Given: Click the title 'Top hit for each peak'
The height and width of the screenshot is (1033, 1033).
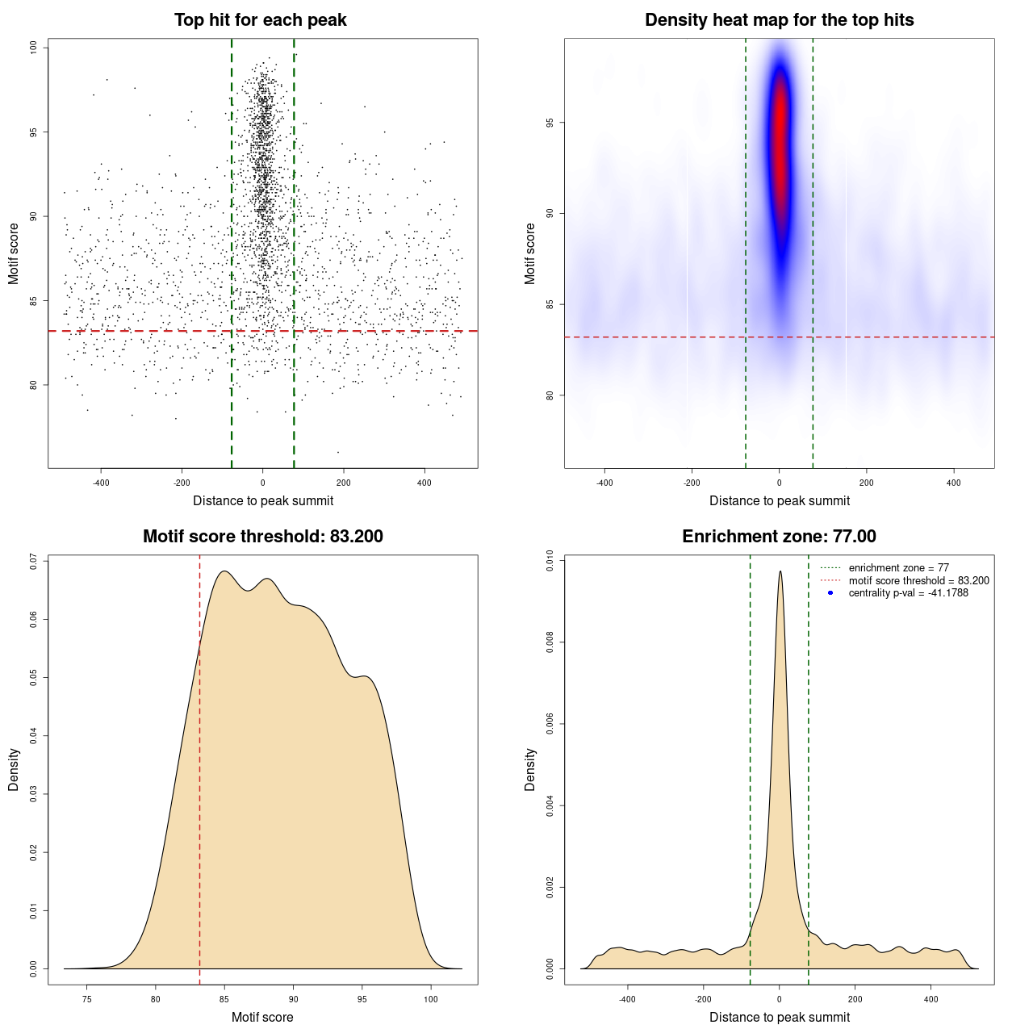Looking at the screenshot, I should pyautogui.click(x=260, y=20).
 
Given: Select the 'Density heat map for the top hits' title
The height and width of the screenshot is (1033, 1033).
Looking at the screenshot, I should pyautogui.click(x=779, y=20).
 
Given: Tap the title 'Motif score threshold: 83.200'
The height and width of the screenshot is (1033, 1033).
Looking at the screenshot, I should pyautogui.click(x=262, y=537).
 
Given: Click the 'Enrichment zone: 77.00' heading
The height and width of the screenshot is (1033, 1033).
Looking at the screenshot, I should pyautogui.click(x=779, y=537).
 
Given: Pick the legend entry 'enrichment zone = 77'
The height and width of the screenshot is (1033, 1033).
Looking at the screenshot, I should pyautogui.click(x=898, y=568).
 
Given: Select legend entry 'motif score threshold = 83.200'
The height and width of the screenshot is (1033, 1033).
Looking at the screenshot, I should pyautogui.click(x=918, y=580).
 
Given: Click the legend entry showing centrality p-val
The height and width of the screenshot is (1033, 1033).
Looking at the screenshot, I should pyautogui.click(x=908, y=593).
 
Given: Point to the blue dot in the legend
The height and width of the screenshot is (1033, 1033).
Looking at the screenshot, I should pyautogui.click(x=830, y=593).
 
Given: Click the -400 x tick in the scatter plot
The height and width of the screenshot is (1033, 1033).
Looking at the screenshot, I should pyautogui.click(x=101, y=483).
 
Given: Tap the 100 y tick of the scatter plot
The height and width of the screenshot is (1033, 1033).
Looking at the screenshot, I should pyautogui.click(x=34, y=48).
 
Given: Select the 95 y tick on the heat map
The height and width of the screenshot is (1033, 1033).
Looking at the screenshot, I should pyautogui.click(x=550, y=123).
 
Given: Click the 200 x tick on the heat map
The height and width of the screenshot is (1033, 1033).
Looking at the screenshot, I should pyautogui.click(x=866, y=483).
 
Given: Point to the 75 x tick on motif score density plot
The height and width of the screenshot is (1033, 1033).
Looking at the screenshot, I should pyautogui.click(x=87, y=999).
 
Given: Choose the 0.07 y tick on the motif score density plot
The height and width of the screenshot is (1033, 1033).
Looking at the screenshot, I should pyautogui.click(x=34, y=561).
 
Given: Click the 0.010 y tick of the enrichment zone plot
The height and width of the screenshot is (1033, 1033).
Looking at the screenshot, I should pyautogui.click(x=550, y=561).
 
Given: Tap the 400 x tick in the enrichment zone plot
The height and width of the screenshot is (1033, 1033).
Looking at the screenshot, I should pyautogui.click(x=931, y=999).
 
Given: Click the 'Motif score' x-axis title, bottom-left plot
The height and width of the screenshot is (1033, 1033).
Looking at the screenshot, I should pyautogui.click(x=262, y=1017).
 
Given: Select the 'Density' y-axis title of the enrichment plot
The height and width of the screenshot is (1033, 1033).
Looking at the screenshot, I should pyautogui.click(x=530, y=769).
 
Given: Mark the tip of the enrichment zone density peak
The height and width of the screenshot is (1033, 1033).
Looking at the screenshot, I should pyautogui.click(x=780, y=571).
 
